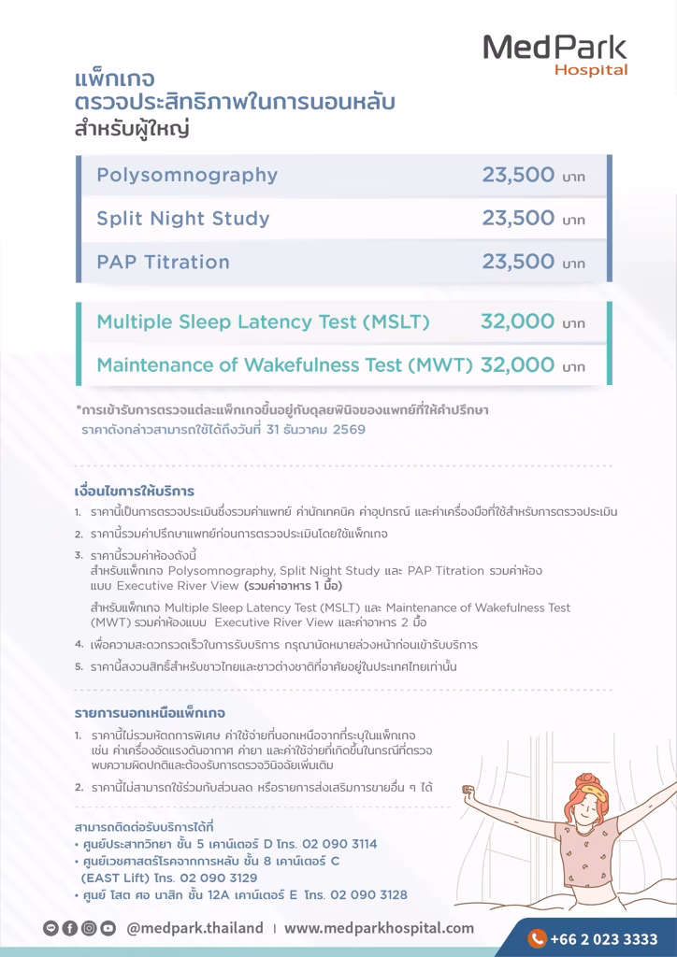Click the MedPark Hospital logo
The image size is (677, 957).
pos(555,54)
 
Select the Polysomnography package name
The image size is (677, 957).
pos(187,176)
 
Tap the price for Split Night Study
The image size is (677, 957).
pos(519,219)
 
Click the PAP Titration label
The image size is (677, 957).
pos(163,263)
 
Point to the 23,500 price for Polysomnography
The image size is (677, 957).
pos(519,176)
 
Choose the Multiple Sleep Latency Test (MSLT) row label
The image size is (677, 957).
pos(263,322)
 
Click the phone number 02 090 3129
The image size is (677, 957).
pos(219,878)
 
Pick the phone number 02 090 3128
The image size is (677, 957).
pos(368,894)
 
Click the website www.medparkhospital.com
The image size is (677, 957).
pos(379,928)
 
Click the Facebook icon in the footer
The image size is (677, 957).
pos(70,928)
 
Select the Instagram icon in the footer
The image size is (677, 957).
pos(89,928)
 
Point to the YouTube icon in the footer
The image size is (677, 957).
pos(108,928)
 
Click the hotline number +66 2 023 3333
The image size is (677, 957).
pos(604,939)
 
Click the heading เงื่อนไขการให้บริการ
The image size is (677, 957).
pos(134,492)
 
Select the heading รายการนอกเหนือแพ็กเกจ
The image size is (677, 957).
pos(150,713)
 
